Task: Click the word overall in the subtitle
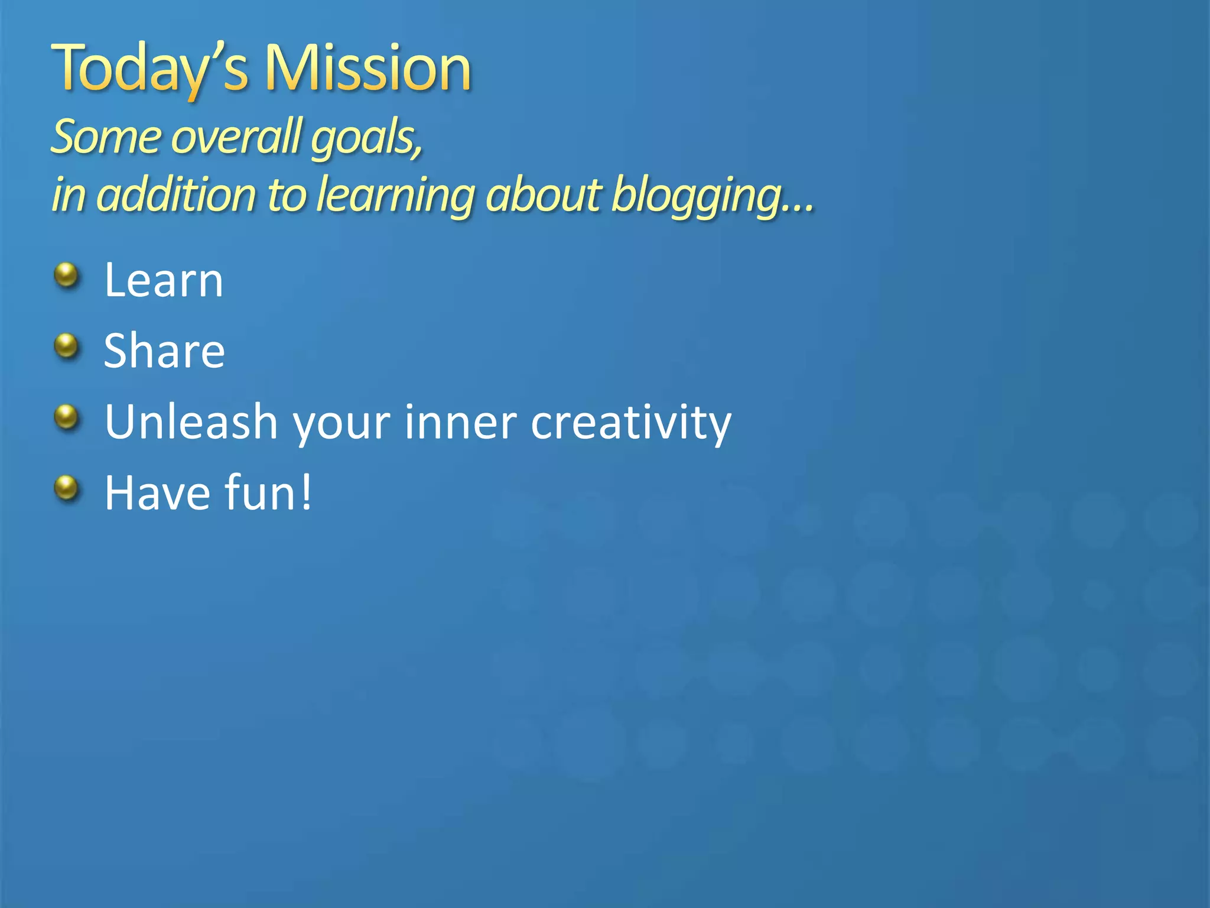click(x=236, y=137)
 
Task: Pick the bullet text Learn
click(x=164, y=280)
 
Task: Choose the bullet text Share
click(x=164, y=351)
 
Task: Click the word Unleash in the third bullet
click(x=191, y=422)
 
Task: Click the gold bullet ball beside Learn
click(x=67, y=275)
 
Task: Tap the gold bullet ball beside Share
click(x=67, y=346)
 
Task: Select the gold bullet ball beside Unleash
click(x=67, y=417)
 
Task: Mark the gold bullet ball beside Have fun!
click(x=67, y=488)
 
